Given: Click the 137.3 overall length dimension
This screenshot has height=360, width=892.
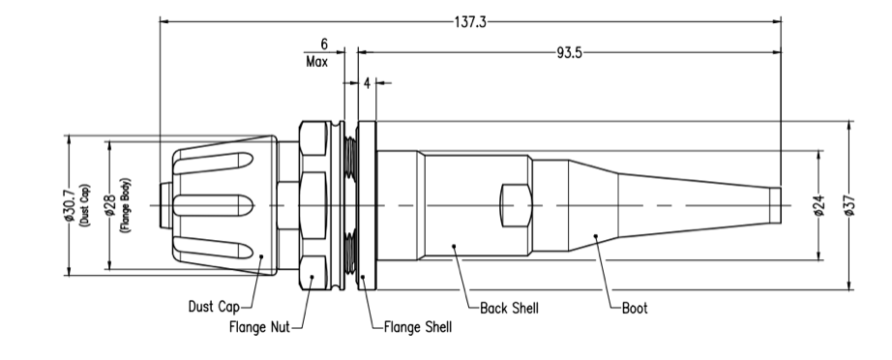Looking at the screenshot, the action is click(x=470, y=22).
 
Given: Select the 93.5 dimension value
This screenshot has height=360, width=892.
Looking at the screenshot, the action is click(x=569, y=52).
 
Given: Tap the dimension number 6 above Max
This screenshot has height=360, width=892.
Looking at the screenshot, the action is click(x=324, y=45).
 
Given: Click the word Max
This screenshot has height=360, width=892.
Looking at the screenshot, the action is click(x=317, y=62).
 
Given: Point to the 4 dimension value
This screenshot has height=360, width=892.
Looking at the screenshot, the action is click(x=367, y=83).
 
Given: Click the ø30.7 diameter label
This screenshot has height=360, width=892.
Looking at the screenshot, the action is click(x=71, y=205).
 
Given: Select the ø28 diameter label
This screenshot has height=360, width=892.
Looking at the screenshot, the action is click(x=111, y=205).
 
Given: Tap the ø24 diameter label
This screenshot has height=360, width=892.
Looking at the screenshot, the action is click(x=819, y=205).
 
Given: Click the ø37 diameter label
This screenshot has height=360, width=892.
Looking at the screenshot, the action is click(x=849, y=205).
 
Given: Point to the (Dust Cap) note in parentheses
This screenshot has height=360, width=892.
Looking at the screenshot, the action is click(x=85, y=205).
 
